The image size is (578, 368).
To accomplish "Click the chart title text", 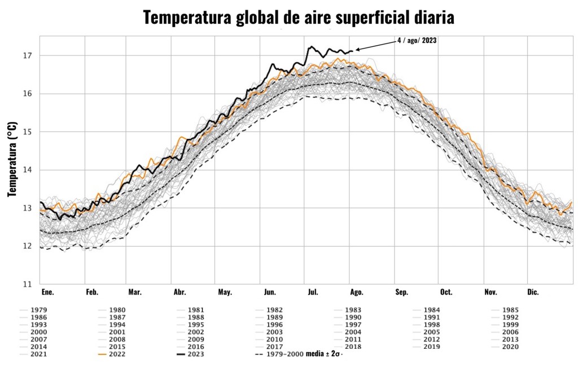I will pyautogui.click(x=299, y=17).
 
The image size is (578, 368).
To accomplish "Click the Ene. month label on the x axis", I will pyautogui.click(x=47, y=292).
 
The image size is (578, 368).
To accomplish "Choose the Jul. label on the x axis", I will pyautogui.click(x=313, y=292).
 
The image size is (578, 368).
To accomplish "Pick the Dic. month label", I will pyautogui.click(x=533, y=292).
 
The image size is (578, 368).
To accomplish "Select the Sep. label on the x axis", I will pyautogui.click(x=401, y=292).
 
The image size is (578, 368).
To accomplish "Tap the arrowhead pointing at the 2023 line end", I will pyautogui.click(x=357, y=50).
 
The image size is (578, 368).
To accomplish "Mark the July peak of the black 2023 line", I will pyautogui.click(x=310, y=47).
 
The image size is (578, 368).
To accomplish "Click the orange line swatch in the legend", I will pyautogui.click(x=102, y=354).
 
